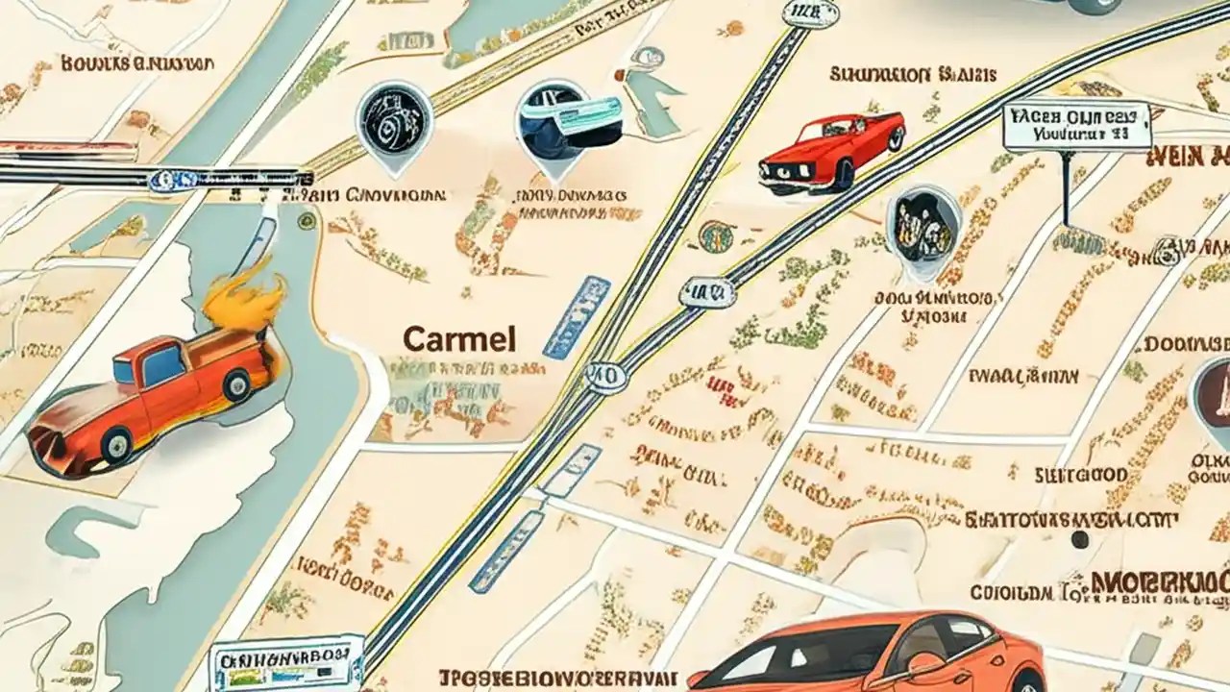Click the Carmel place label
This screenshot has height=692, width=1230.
[x=458, y=338]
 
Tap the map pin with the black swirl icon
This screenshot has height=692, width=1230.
[x=394, y=119]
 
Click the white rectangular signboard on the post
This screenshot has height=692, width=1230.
[x=1076, y=127]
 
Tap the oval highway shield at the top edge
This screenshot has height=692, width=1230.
[x=810, y=12]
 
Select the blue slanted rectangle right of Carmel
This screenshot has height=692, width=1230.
[x=577, y=316]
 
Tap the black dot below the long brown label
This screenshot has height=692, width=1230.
[x=1080, y=539]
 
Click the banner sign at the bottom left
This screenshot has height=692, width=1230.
[x=286, y=661]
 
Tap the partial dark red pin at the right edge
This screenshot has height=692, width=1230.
[x=1213, y=394]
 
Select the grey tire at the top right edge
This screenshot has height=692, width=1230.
[x=1095, y=6]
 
